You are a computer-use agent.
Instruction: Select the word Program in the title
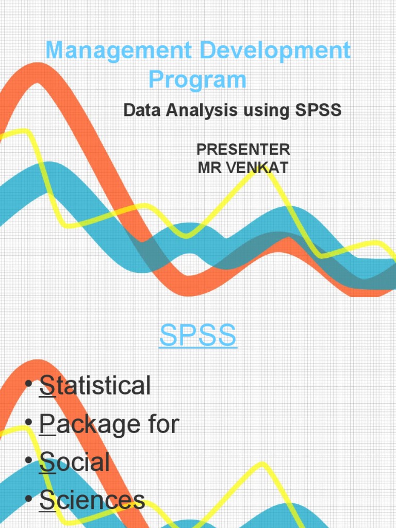click(197, 80)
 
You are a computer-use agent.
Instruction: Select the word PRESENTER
click(243, 150)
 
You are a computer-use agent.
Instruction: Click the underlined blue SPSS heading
click(198, 336)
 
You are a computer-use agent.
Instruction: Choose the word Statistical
click(95, 386)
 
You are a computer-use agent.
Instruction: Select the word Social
click(75, 462)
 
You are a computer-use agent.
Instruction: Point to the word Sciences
click(92, 500)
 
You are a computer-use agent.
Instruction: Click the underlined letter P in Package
click(47, 424)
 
